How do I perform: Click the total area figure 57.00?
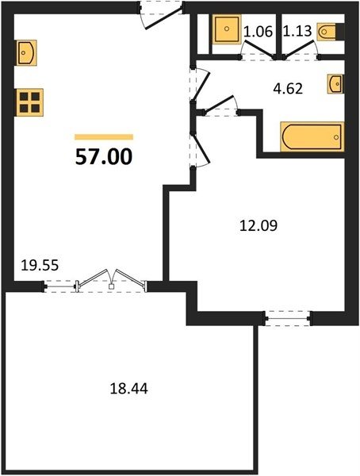click(x=104, y=157)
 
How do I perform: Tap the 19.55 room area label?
click(x=40, y=266)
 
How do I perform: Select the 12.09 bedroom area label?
click(x=259, y=225)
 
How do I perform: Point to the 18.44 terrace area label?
click(x=128, y=388)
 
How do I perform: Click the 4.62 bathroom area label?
click(x=288, y=89)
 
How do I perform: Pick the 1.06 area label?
click(x=259, y=31)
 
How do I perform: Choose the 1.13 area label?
click(x=297, y=31)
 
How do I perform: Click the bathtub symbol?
click(x=312, y=136)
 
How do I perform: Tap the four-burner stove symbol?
click(x=29, y=102)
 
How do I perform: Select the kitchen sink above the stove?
click(x=26, y=53)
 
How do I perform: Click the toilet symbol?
click(x=327, y=32)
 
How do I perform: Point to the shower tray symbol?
click(x=227, y=29)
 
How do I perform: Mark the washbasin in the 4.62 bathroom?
click(x=335, y=83)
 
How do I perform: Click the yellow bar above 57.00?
click(x=104, y=137)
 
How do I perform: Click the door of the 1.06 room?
click(x=259, y=49)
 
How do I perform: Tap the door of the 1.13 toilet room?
click(x=301, y=49)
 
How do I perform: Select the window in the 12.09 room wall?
click(x=288, y=318)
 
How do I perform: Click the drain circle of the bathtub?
click(x=336, y=137)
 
